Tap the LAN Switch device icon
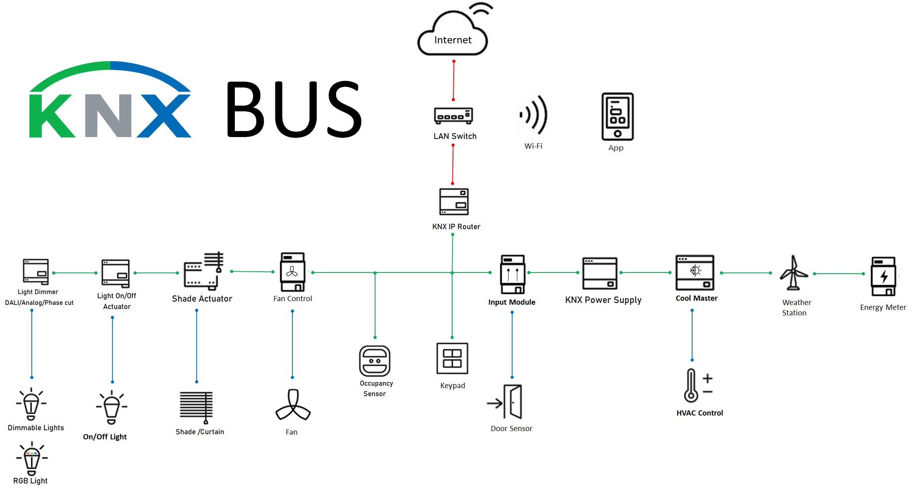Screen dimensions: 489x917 (453, 116)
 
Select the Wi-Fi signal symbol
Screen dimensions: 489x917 (534, 115)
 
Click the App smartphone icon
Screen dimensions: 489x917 (617, 116)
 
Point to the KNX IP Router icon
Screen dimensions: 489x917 (454, 202)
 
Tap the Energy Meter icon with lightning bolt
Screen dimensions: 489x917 (883, 276)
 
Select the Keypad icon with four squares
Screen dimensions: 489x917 (452, 358)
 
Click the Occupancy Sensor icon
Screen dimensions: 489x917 (375, 361)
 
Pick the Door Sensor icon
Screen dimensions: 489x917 (506, 402)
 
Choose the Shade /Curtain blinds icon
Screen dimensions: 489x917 (196, 406)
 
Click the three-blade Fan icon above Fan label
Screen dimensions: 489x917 (293, 406)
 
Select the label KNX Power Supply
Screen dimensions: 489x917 (603, 300)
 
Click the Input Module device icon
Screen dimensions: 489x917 (513, 274)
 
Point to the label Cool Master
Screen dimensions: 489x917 (696, 298)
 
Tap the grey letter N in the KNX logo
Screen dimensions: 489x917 (108, 116)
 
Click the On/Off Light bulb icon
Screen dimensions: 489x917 (112, 407)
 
